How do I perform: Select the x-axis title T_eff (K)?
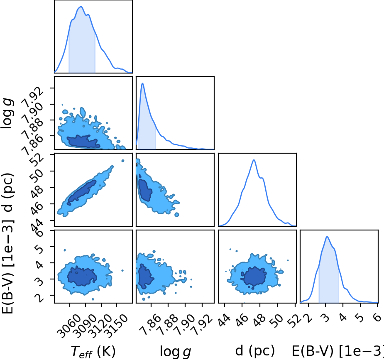(x=93, y=352)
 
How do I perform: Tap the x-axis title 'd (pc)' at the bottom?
(x=255, y=350)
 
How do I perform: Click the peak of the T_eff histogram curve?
(x=81, y=7)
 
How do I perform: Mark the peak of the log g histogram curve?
(x=142, y=83)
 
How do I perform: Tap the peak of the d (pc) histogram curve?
(x=254, y=160)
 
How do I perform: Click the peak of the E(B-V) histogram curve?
(x=327, y=237)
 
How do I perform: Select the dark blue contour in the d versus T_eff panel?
(x=82, y=191)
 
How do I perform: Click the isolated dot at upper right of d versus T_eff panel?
(x=123, y=161)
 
